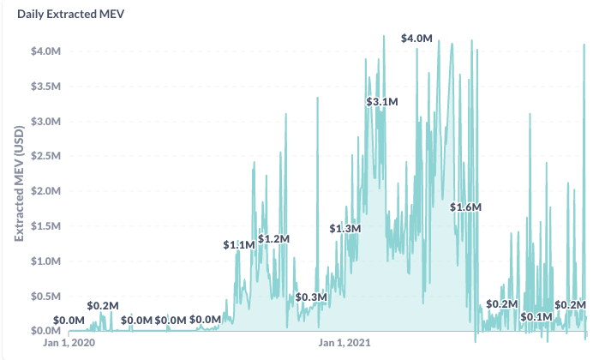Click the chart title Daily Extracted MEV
[70, 14]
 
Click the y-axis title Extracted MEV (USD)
[19, 183]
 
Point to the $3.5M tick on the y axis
[45, 87]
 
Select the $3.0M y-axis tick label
[45, 122]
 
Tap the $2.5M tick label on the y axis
[45, 156]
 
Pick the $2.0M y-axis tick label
[45, 190]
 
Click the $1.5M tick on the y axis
[45, 226]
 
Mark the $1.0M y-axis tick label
[45, 261]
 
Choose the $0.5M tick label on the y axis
[45, 297]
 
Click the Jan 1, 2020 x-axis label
[69, 342]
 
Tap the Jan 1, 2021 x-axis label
[344, 342]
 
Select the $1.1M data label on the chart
[239, 244]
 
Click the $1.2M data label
[274, 239]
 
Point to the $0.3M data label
[311, 297]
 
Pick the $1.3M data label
[345, 229]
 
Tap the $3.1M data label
[382, 102]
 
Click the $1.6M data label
[465, 207]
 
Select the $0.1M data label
[536, 317]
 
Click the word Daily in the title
[31, 14]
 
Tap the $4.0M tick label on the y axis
[45, 51]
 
